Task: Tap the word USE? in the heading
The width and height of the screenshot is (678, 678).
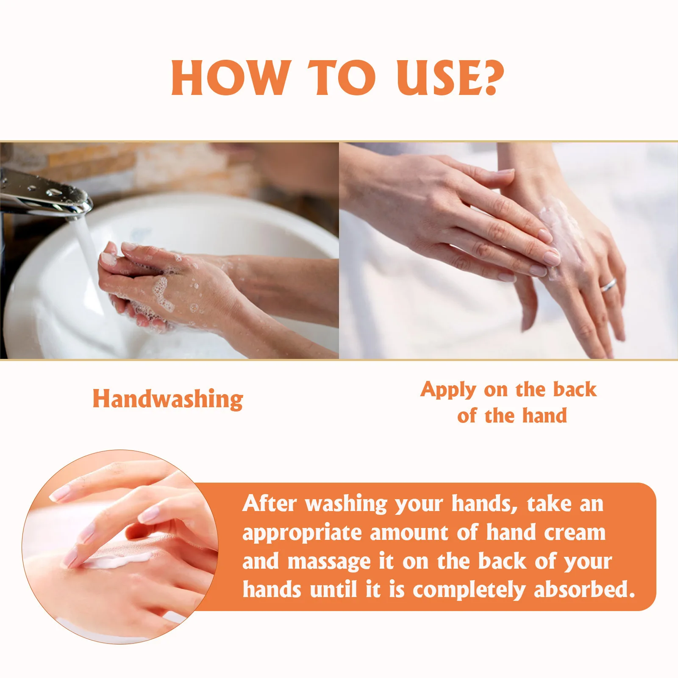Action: point(450,78)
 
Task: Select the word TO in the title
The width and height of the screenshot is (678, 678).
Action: point(342,78)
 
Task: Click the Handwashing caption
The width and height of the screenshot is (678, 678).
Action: point(168,399)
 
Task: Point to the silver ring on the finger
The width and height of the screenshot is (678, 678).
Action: point(608,285)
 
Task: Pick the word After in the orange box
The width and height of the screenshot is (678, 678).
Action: point(270,504)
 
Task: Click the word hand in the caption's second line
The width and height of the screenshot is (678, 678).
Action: point(545,416)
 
